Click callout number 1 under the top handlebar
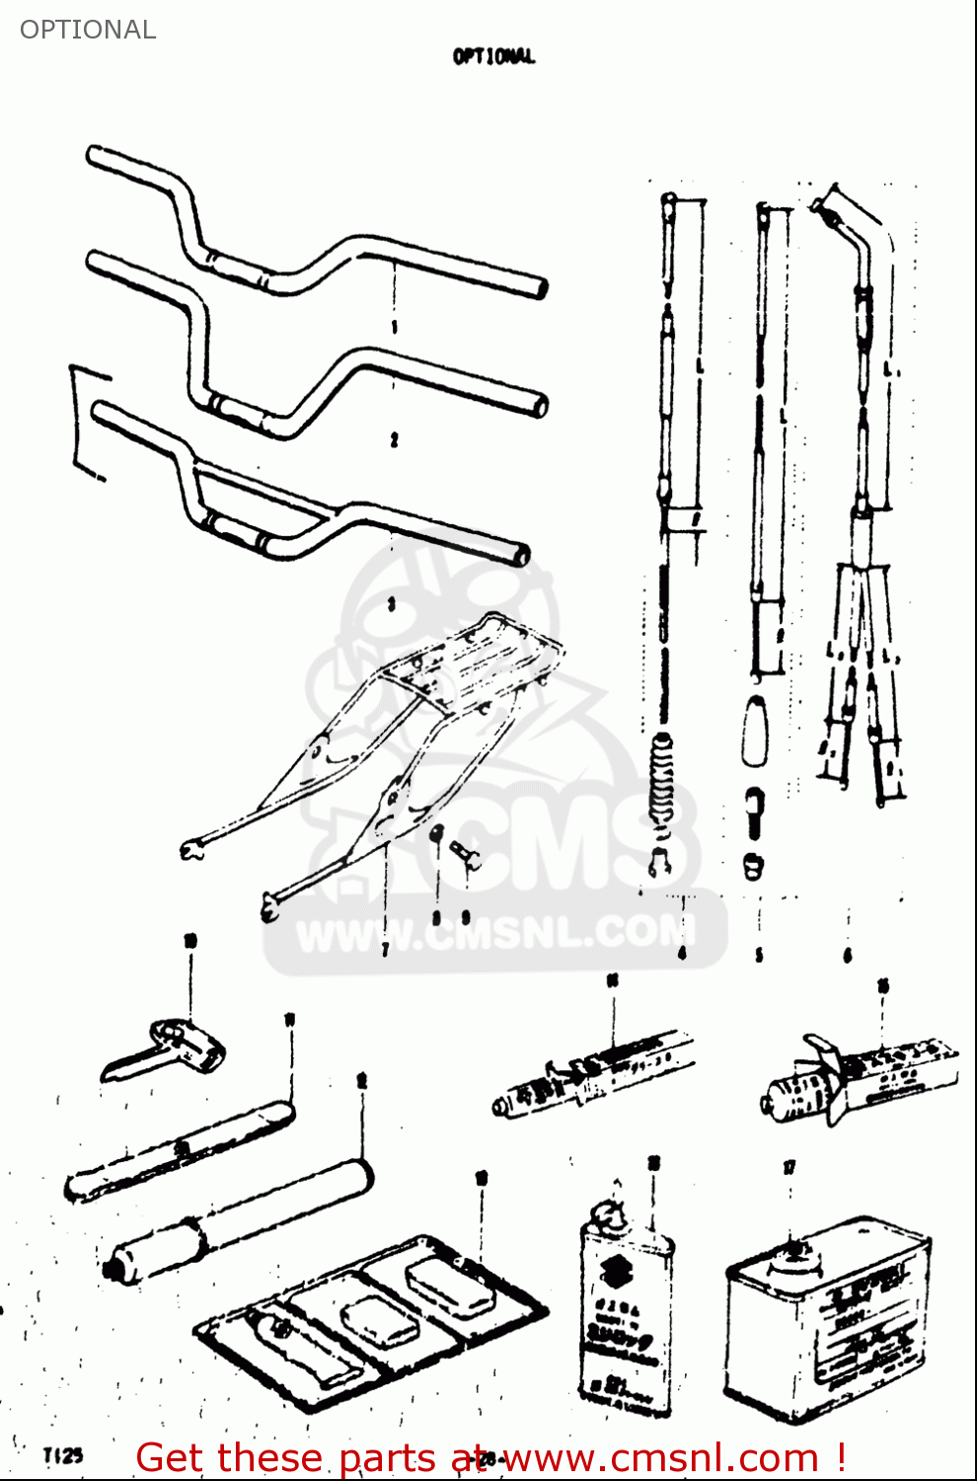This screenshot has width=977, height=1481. click(394, 327)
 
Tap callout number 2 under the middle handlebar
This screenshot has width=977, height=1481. click(394, 439)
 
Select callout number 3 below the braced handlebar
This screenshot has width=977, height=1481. click(391, 604)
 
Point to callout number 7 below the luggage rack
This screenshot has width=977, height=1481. click(385, 949)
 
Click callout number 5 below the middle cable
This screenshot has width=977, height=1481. click(759, 955)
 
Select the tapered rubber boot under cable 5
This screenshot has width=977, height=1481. click(756, 730)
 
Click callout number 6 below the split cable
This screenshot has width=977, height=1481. click(848, 955)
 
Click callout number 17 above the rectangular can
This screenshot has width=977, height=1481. click(789, 1168)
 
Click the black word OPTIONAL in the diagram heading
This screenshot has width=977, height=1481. click(493, 56)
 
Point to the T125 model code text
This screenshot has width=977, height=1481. click(63, 1455)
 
